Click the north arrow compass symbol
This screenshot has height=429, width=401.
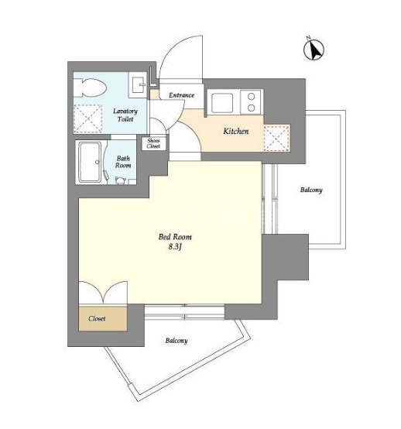click(x=314, y=49)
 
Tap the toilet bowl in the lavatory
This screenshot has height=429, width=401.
click(x=90, y=88)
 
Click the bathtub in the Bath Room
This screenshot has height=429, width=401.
click(x=90, y=162)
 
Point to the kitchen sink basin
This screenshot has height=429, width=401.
click(x=222, y=102)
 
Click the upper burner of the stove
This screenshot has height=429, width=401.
click(x=251, y=96)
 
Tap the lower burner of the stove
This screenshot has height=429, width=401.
click(x=251, y=108)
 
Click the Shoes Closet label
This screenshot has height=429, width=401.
click(x=153, y=143)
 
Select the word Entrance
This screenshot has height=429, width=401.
click(x=181, y=95)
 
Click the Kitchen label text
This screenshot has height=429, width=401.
click(x=236, y=131)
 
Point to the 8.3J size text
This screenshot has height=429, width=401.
click(x=175, y=247)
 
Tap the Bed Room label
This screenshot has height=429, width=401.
click(x=175, y=237)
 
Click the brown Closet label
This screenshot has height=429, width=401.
click(x=97, y=318)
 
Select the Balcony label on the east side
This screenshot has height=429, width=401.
click(x=311, y=190)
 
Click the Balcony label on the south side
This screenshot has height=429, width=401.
click(x=177, y=341)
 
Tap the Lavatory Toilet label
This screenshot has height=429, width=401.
click(x=125, y=115)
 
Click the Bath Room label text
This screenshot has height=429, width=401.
click(x=123, y=162)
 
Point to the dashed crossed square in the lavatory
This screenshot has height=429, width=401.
click(x=87, y=118)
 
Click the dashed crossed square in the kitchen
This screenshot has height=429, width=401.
click(x=276, y=138)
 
